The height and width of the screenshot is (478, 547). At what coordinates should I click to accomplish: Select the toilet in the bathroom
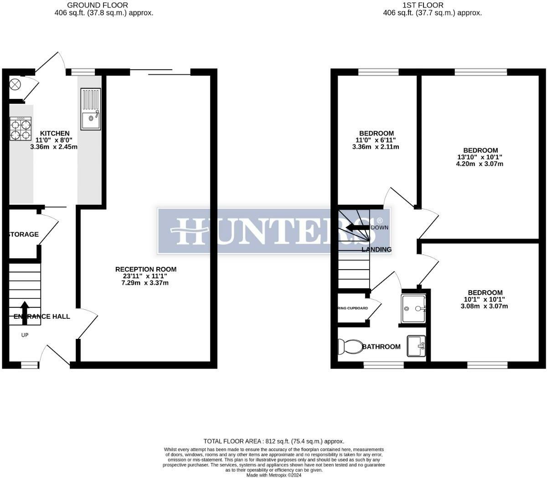348,347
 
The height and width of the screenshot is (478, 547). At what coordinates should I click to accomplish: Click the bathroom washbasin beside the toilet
416,346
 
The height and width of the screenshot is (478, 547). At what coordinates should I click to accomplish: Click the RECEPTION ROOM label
145,269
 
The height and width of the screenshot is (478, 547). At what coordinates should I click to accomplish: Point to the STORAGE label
24,234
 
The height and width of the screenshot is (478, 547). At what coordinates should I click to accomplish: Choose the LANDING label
377,249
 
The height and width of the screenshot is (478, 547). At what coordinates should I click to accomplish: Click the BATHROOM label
382,347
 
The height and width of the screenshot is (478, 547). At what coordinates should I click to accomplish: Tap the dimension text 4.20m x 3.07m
480,164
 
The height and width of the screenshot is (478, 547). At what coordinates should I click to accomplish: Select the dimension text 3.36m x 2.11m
376,147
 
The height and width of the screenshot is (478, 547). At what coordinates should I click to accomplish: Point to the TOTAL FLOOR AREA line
273,441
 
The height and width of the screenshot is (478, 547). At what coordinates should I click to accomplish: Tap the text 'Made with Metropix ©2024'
274,475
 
